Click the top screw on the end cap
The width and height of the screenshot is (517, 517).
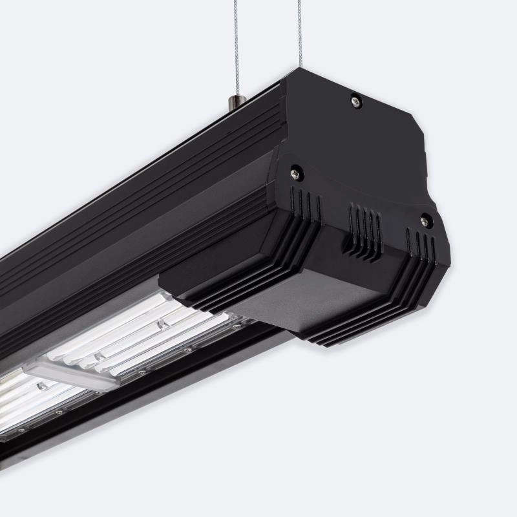point(356,101)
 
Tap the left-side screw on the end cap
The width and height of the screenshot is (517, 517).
point(296,173)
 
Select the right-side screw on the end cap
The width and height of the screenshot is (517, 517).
point(425,221)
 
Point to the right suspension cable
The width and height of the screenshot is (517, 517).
point(300,32)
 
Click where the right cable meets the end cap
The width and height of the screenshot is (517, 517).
point(301,68)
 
